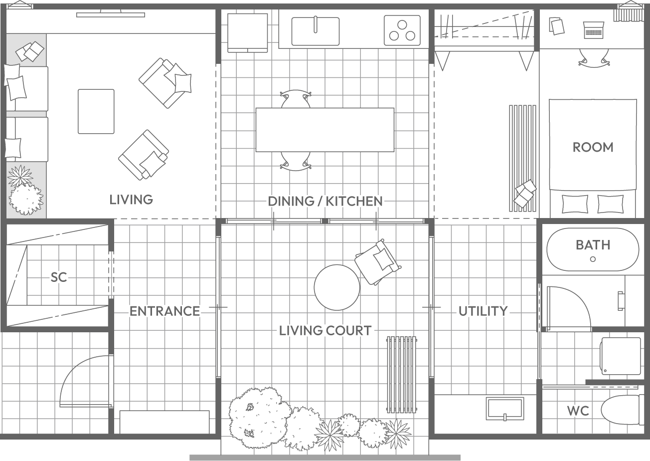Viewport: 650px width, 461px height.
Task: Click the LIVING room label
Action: tap(131, 200)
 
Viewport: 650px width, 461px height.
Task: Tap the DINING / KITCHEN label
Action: tap(325, 201)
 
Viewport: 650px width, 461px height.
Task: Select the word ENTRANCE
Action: tap(164, 311)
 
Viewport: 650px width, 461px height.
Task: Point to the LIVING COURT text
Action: tap(325, 331)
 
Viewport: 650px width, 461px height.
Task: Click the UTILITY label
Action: tap(483, 311)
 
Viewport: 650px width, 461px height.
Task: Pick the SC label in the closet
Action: tap(59, 277)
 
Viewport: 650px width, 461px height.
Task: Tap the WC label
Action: tap(578, 411)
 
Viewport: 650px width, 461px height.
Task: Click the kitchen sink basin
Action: tap(316, 31)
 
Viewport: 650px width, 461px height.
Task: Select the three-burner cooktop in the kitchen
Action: tap(402, 30)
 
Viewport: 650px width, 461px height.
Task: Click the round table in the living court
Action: tap(337, 287)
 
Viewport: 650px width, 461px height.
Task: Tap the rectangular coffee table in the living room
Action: tap(96, 112)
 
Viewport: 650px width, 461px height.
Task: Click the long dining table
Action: tap(325, 130)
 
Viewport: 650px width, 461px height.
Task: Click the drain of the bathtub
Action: tap(593, 259)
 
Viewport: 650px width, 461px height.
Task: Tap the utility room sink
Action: tap(505, 409)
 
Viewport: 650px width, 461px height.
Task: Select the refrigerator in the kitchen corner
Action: tap(248, 33)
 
